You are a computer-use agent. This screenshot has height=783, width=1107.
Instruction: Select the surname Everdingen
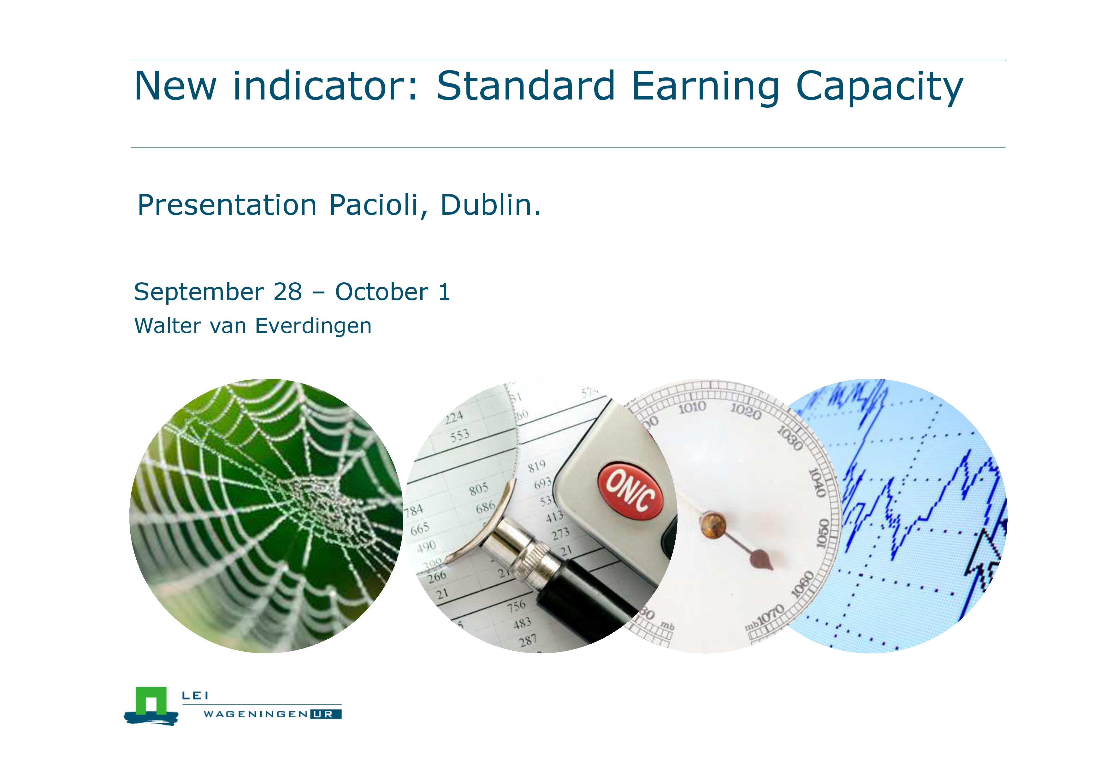tap(313, 327)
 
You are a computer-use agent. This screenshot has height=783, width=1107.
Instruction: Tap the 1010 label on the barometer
tap(692, 408)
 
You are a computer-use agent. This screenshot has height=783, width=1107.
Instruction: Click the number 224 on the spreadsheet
tap(454, 417)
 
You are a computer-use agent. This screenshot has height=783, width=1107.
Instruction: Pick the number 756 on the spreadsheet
tap(516, 606)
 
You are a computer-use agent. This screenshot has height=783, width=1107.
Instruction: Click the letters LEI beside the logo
tap(195, 696)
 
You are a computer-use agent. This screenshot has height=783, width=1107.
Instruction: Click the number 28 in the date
tap(287, 292)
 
